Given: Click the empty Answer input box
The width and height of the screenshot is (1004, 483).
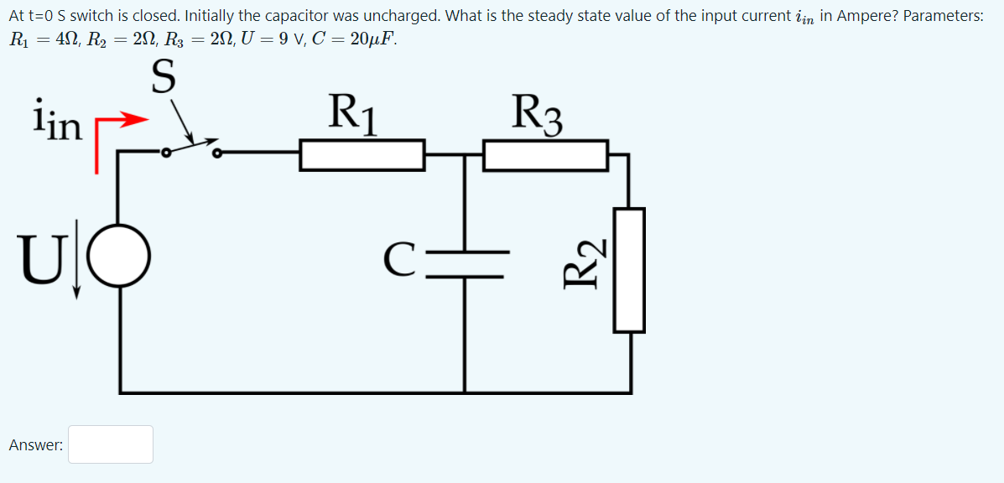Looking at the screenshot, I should pos(111,444).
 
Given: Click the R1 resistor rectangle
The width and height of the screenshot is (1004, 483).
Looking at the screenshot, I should pos(362,156).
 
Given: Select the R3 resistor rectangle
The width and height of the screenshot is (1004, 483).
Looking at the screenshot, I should pos(546,156).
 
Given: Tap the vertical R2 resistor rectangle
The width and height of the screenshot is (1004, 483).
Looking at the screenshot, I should pos(629,270).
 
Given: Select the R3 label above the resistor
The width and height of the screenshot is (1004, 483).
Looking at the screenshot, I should pos(538,113).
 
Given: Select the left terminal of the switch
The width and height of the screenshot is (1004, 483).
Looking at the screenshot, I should pos(166,153).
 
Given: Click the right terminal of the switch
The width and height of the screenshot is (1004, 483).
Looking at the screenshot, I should pos(217,153).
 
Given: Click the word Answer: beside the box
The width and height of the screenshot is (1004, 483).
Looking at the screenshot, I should pos(36,445).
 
